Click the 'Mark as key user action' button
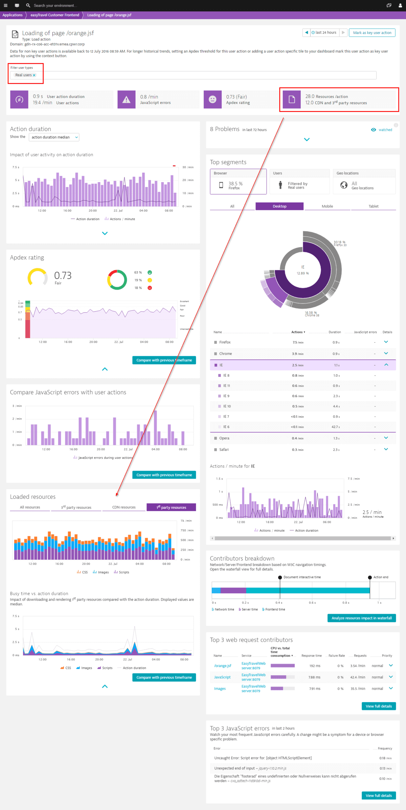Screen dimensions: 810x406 372,33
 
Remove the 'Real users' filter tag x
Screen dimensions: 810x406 34,75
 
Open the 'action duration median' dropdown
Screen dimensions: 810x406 54,137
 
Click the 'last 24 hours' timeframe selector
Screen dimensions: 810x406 324,33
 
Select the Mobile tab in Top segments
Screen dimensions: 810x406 327,206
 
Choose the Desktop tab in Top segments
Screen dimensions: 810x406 279,206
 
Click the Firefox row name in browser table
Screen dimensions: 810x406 225,342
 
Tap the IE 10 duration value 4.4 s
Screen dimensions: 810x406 336,406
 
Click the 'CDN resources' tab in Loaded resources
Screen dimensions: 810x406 124,507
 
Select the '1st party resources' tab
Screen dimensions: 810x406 171,507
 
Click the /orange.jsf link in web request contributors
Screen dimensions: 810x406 223,666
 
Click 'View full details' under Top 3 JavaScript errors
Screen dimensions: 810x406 379,795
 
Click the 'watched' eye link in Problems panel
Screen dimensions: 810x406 382,130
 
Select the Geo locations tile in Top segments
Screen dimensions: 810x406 364,182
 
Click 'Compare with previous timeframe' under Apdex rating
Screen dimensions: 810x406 164,360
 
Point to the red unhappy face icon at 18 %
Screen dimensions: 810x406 150,288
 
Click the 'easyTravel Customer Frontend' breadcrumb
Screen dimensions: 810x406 55,15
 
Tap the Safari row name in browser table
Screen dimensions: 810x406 224,450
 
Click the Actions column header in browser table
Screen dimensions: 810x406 298,332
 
